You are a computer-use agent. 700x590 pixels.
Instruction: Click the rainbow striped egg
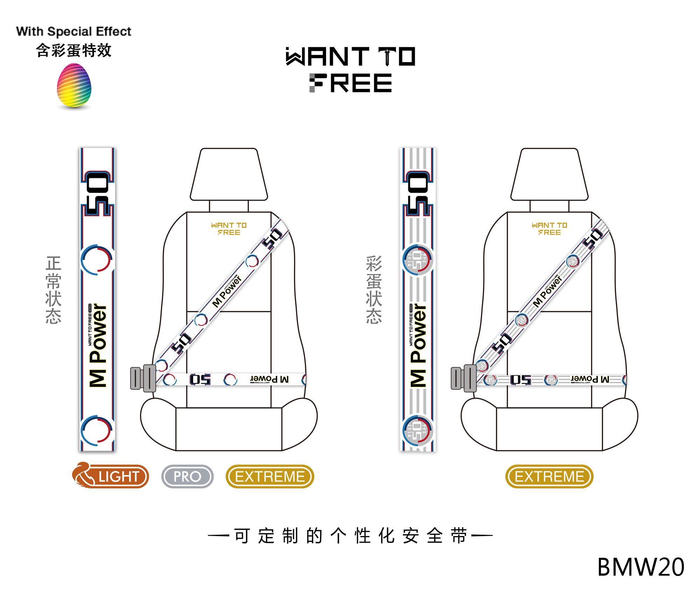pyautogui.click(x=74, y=86)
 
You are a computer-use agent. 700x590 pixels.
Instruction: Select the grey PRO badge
pyautogui.click(x=187, y=476)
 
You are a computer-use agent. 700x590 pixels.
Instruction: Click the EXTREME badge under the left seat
pyautogui.click(x=270, y=476)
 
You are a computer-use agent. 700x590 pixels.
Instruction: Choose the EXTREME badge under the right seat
pyautogui.click(x=549, y=476)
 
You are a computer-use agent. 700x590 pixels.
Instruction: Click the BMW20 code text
pyautogui.click(x=640, y=567)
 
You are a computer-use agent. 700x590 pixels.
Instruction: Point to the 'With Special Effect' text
pyautogui.click(x=73, y=32)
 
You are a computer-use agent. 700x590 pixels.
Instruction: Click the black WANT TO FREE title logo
pyautogui.click(x=350, y=70)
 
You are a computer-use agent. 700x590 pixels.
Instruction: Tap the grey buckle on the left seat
pyautogui.click(x=143, y=378)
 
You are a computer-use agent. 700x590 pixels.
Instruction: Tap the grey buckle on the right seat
pyautogui.click(x=463, y=378)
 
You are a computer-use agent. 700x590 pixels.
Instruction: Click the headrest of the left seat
pyautogui.click(x=229, y=174)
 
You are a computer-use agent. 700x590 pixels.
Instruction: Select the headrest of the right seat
pyautogui.click(x=549, y=174)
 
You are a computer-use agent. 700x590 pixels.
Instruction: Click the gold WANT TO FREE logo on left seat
pyautogui.click(x=229, y=229)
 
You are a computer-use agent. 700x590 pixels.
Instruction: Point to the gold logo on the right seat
pyautogui.click(x=549, y=229)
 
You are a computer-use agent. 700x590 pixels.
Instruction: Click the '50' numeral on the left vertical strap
pyautogui.click(x=97, y=193)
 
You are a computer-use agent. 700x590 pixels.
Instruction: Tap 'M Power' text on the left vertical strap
pyautogui.click(x=98, y=345)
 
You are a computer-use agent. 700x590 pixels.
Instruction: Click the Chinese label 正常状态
pyautogui.click(x=54, y=290)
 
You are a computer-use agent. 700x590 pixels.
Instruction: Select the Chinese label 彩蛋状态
pyautogui.click(x=374, y=290)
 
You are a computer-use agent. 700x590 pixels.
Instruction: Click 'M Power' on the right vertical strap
pyautogui.click(x=419, y=345)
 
